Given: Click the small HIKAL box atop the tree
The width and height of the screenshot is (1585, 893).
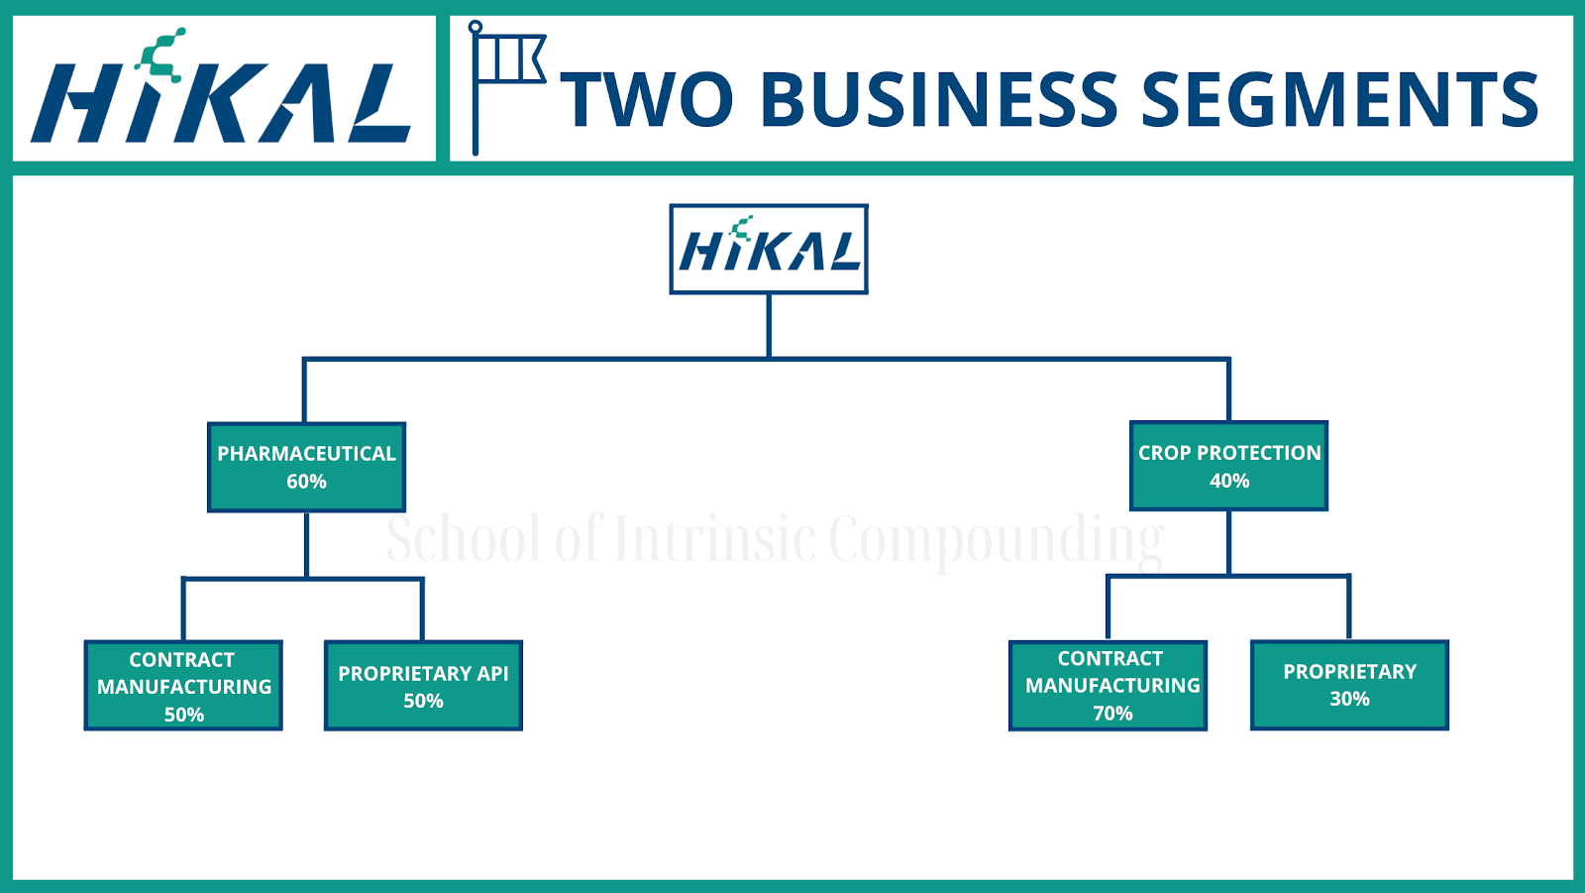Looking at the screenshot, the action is pyautogui.click(x=769, y=250).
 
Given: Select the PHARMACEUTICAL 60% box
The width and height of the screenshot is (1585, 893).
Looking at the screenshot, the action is pyautogui.click(x=306, y=467).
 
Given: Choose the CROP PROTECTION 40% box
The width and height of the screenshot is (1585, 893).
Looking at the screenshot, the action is pyautogui.click(x=1228, y=466).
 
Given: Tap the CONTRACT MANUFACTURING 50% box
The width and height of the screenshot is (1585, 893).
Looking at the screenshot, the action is pyautogui.click(x=183, y=686).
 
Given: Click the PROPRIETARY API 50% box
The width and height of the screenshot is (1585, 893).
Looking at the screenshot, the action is pyautogui.click(x=423, y=686).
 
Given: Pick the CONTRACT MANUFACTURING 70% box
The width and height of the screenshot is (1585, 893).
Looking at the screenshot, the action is pyautogui.click(x=1108, y=685).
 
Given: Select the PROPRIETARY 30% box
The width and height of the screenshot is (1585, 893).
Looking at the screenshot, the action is pyautogui.click(x=1349, y=685).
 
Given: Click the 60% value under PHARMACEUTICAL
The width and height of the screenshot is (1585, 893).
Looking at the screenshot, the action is pyautogui.click(x=306, y=482).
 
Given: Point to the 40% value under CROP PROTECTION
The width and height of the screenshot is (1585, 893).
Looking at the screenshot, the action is pyautogui.click(x=1229, y=481).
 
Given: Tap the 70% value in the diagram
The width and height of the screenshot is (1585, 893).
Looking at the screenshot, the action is pyautogui.click(x=1112, y=714).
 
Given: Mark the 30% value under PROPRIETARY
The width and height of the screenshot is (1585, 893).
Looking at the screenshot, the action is pyautogui.click(x=1349, y=699).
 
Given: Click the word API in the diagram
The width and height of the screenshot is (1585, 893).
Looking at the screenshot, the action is pyautogui.click(x=492, y=674).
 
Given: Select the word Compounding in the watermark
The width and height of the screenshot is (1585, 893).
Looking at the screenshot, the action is pyautogui.click(x=996, y=540).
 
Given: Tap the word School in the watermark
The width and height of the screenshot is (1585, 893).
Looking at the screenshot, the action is pyautogui.click(x=464, y=540).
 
